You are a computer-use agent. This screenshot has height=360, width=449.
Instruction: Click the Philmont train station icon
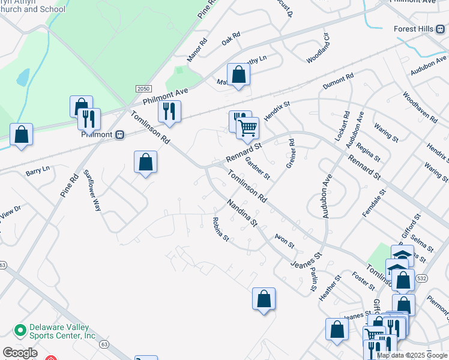pyautogui.click(x=119, y=134)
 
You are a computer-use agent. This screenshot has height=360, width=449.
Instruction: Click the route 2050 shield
pyautogui.click(x=143, y=88)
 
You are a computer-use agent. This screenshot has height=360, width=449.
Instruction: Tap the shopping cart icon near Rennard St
pyautogui.click(x=247, y=127)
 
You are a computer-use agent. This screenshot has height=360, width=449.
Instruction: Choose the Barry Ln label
pyautogui.click(x=37, y=171)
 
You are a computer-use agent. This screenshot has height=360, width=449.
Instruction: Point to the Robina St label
pyautogui.click(x=221, y=230)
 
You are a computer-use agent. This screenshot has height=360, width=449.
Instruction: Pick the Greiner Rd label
pyautogui.click(x=291, y=154)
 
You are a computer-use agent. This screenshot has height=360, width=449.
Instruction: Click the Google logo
pyautogui.click(x=20, y=353)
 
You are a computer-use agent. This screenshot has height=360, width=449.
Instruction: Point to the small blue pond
pyautogui.click(x=23, y=77)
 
